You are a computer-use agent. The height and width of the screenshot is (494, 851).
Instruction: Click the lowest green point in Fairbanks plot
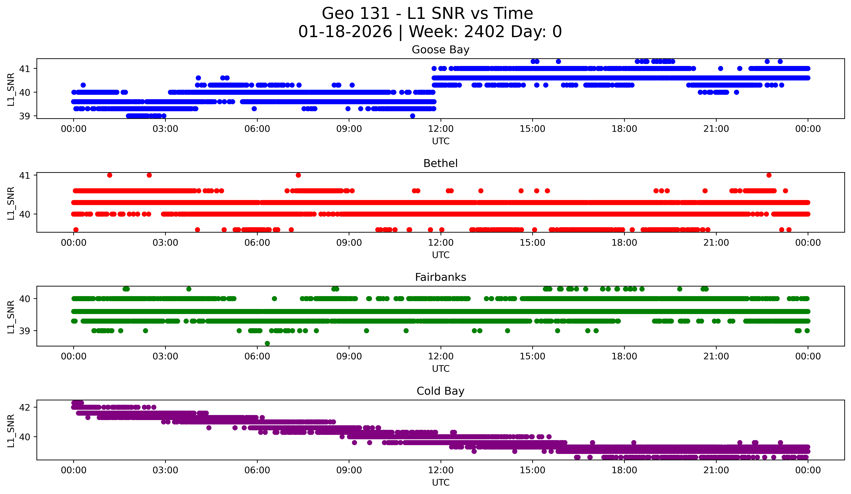pyautogui.click(x=267, y=343)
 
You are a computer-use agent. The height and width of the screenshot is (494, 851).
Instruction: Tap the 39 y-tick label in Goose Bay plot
pyautogui.click(x=24, y=116)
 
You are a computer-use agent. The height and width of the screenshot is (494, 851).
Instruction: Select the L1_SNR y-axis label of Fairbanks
pyautogui.click(x=11, y=316)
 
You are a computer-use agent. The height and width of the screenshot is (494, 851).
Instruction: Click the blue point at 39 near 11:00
pyautogui.click(x=412, y=116)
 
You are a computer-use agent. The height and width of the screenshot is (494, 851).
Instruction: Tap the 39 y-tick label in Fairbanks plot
pyautogui.click(x=24, y=331)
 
